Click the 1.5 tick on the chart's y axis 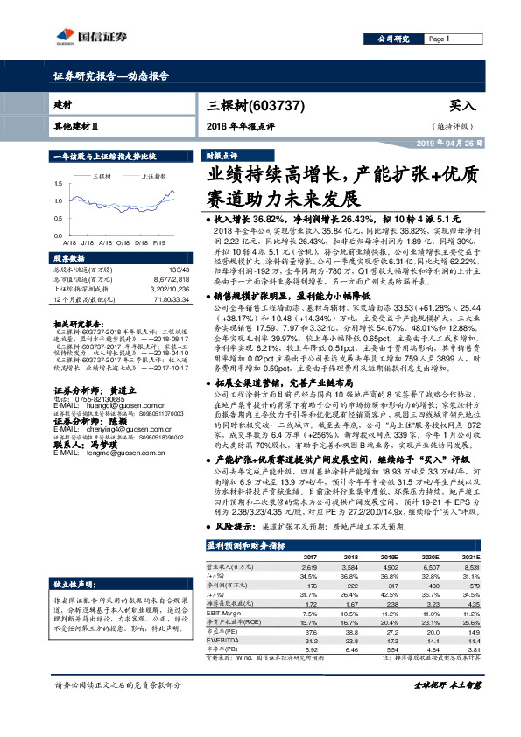click(58, 184)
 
